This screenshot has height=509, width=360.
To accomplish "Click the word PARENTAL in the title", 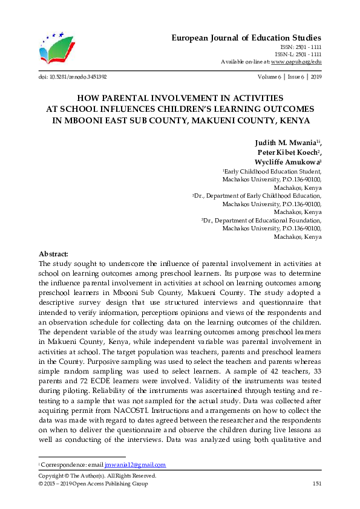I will (x=129, y=97).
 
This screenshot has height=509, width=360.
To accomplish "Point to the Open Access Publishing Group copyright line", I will (x=93, y=484).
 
